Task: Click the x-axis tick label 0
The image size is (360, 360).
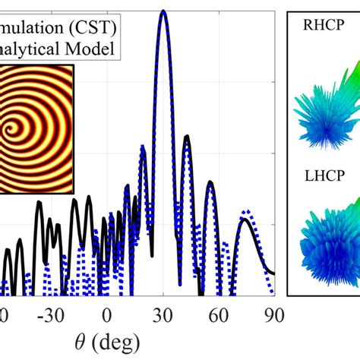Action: (x=107, y=314)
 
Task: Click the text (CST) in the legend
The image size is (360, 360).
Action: (x=93, y=28)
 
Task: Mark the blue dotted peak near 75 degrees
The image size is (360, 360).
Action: (x=245, y=210)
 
